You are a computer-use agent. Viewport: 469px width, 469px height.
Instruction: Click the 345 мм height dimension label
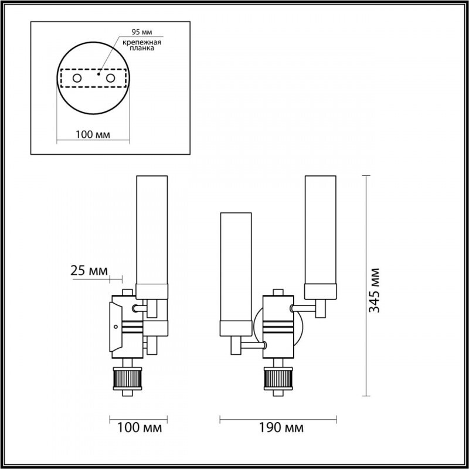tap(375, 290)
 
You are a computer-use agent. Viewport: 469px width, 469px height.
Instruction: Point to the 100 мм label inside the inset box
tap(93, 135)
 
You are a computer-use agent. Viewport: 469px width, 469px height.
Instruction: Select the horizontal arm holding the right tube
tap(304, 306)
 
